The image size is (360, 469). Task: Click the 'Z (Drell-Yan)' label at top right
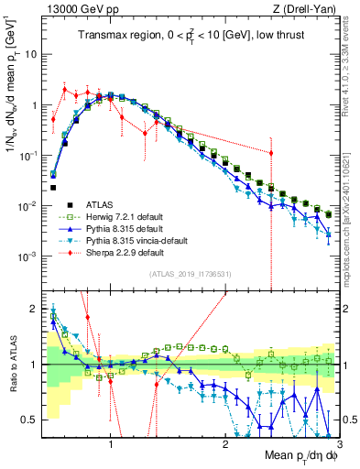click(x=308, y=8)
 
